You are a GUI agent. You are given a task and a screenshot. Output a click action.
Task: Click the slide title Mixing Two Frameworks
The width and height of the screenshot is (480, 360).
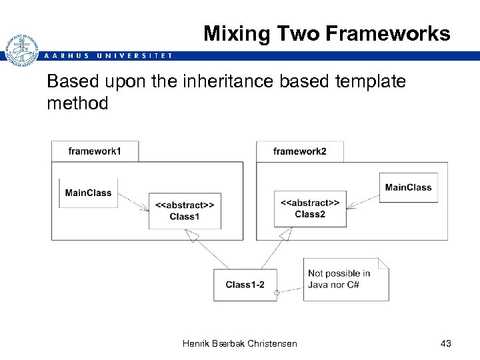tap(327, 33)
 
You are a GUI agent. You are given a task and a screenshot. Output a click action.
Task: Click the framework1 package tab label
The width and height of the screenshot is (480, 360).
tap(95, 151)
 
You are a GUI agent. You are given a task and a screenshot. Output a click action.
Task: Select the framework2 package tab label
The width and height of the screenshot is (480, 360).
tap(299, 151)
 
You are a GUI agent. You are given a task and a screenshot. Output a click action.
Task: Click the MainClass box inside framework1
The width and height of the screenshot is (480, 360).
tap(88, 193)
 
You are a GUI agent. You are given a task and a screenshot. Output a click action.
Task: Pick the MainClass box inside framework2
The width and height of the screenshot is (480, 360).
tap(408, 187)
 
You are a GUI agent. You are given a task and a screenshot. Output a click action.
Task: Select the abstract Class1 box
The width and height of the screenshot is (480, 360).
tap(185, 210)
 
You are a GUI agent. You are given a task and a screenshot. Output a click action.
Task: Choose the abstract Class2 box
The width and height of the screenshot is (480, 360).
tap(310, 208)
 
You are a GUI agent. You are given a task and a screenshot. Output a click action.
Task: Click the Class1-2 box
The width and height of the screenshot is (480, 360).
tap(245, 285)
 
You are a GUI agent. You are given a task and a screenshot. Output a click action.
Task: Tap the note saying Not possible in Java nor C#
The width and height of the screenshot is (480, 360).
tap(345, 279)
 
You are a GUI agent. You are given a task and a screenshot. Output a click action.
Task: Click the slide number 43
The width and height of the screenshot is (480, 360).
tap(446, 343)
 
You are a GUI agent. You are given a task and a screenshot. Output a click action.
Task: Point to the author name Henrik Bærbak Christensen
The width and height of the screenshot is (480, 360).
tap(239, 343)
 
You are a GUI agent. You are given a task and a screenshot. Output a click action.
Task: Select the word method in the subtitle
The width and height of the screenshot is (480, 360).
tap(77, 103)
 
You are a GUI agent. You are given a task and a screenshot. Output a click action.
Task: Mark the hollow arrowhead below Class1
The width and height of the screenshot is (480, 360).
tap(193, 235)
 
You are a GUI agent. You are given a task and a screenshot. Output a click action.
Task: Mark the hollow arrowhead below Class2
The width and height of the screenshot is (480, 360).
tap(286, 234)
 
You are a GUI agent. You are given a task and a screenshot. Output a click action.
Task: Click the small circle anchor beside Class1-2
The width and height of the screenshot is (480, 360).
tap(277, 292)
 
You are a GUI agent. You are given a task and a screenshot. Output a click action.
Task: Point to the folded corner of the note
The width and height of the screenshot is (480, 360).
tap(383, 264)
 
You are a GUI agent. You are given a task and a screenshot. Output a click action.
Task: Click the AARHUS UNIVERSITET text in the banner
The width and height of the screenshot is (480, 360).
tap(107, 55)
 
